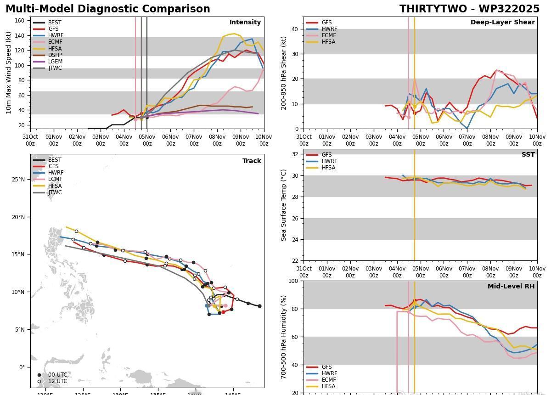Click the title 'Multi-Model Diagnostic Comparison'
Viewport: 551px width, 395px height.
108,9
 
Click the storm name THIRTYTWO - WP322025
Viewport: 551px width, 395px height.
469,9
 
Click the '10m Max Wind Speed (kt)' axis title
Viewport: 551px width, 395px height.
9,73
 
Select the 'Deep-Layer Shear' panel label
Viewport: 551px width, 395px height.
502,22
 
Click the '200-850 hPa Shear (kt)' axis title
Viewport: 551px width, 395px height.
284,73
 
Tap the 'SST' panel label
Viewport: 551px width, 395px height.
528,154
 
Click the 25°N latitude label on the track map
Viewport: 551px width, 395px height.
18,180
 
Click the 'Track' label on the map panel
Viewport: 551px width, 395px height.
252,161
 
